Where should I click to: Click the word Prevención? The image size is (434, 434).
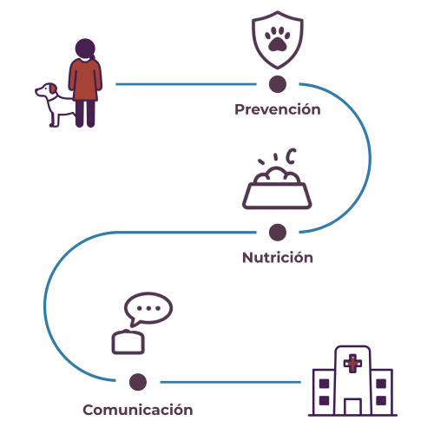tap(278, 109)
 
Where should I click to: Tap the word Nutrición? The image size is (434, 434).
tap(278, 257)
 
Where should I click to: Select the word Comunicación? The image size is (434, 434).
tap(138, 410)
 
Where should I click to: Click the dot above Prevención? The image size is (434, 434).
tap(278, 84)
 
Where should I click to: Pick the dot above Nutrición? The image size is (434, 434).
tap(278, 233)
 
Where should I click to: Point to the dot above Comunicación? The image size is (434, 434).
tap(138, 382)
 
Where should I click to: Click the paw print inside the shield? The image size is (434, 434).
tap(278, 39)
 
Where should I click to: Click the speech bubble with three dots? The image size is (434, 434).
tap(148, 308)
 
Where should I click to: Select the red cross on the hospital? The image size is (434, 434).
tap(352, 363)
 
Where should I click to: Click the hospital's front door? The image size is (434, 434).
tap(352, 406)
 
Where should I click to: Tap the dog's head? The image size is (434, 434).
tap(46, 90)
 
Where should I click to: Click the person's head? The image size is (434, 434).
tap(85, 49)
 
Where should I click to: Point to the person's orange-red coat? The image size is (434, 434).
tap(85, 80)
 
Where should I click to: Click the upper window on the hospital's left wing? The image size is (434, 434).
tap(324, 384)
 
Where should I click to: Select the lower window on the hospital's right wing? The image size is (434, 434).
tap(381, 400)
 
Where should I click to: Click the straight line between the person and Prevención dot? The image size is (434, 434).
tap(186, 84)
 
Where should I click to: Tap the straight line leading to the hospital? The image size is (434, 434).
tap(231, 382)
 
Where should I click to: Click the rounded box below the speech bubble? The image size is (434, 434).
tap(128, 342)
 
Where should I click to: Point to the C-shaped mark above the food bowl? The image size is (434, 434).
tap(291, 156)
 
